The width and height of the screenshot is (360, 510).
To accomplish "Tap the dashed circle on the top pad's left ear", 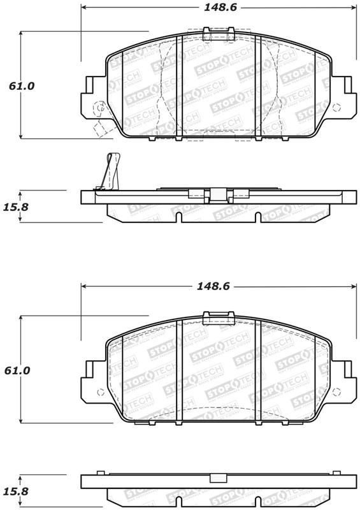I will click(99, 108).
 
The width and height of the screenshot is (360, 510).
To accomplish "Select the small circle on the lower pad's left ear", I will click(98, 393).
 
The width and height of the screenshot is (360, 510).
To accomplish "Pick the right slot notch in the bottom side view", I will click(257, 501).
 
